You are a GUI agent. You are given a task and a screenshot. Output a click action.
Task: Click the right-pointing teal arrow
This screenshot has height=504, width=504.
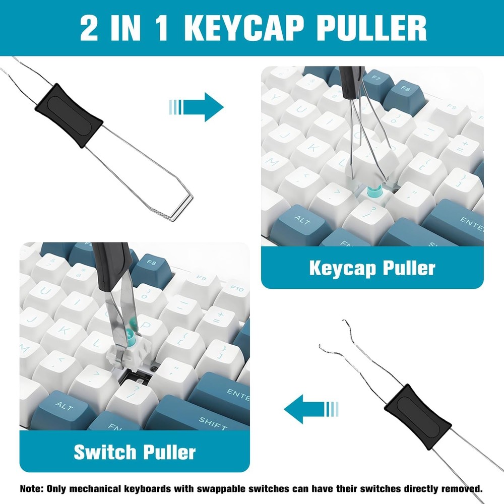[197, 106]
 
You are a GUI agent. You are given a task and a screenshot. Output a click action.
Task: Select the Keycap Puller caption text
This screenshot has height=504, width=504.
[372, 268]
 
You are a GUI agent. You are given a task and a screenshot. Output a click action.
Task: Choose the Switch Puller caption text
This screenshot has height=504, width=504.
[135, 452]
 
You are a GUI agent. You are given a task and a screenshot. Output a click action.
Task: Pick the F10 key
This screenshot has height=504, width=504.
[236, 289]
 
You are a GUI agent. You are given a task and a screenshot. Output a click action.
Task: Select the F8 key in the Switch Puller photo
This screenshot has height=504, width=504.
[150, 262]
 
